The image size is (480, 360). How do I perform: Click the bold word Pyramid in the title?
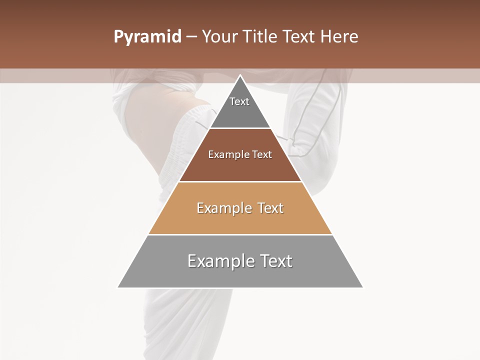click(147, 37)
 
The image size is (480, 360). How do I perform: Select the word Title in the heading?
click(261, 37)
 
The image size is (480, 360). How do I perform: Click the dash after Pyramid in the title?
click(191, 37)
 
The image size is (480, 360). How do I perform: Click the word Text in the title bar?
click(300, 37)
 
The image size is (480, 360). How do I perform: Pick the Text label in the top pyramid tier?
click(239, 101)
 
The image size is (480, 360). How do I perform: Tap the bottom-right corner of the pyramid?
click(362, 287)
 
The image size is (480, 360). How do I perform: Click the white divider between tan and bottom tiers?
click(240, 234)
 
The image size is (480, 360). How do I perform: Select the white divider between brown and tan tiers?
click(240, 181)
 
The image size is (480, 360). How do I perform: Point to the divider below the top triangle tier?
click(240, 128)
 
